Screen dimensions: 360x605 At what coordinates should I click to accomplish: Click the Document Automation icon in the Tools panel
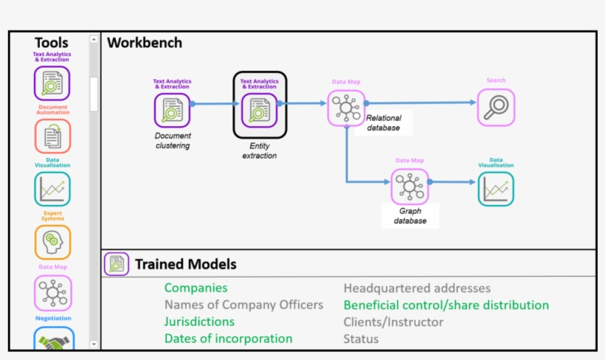(x=52, y=136)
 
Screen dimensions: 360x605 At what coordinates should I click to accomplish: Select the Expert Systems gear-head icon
(x=52, y=242)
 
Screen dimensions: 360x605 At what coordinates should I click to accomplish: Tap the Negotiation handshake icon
(x=52, y=339)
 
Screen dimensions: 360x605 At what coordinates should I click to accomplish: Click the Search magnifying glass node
(x=496, y=107)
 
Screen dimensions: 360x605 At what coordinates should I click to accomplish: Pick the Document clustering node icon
(x=172, y=111)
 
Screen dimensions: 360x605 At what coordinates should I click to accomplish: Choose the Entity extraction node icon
(x=260, y=111)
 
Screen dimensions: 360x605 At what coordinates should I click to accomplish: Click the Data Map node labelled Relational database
(x=346, y=108)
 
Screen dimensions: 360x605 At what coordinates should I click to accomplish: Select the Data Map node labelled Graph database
(x=409, y=186)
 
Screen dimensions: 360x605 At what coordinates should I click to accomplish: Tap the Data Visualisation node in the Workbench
(x=496, y=189)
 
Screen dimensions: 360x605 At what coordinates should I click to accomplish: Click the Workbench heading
(x=145, y=43)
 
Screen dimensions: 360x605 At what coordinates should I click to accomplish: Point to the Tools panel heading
(x=51, y=43)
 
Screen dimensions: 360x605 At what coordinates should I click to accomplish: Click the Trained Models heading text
(x=185, y=263)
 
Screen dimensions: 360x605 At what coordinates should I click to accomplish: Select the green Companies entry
(x=196, y=288)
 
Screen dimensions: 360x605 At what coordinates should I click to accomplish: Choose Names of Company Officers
(x=243, y=305)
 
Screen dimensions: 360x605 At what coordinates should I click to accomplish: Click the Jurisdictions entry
(x=199, y=322)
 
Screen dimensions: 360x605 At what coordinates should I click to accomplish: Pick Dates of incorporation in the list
(x=228, y=339)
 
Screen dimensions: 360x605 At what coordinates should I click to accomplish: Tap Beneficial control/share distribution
(x=446, y=305)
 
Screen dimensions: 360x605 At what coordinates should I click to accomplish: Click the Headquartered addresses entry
(x=417, y=288)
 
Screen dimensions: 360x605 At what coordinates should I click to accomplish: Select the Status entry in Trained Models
(x=361, y=339)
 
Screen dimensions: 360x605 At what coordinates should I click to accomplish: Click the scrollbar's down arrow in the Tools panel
(x=94, y=344)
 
